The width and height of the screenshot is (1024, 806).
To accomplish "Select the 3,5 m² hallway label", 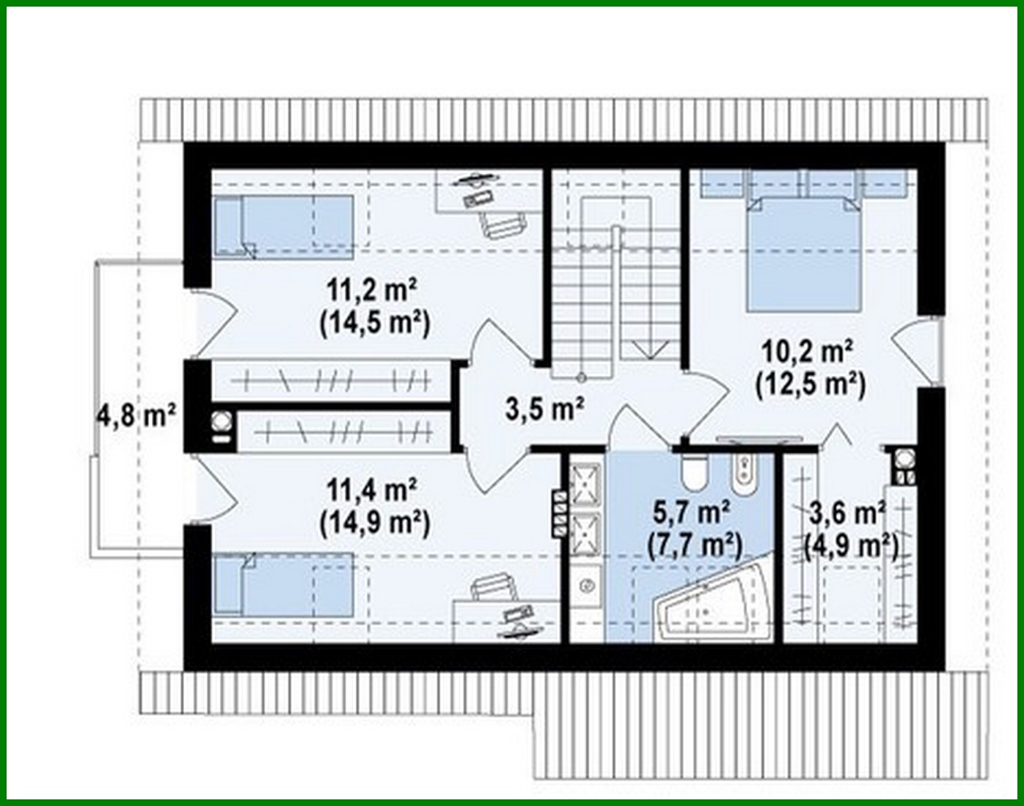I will [544, 408].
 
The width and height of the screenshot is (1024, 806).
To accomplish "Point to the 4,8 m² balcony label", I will [136, 416].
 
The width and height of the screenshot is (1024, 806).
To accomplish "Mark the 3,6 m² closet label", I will [846, 512].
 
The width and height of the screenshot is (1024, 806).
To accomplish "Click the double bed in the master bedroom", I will [803, 250].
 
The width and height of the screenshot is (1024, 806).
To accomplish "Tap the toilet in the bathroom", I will [692, 471].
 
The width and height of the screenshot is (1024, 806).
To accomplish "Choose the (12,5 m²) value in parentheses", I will [809, 384].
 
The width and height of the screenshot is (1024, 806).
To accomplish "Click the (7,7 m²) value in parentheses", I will [694, 545].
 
